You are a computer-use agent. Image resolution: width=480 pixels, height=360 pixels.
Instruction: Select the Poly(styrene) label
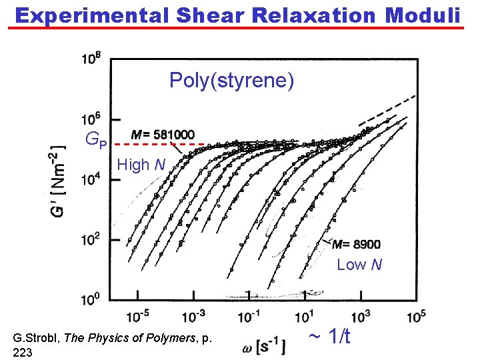coord(231,81)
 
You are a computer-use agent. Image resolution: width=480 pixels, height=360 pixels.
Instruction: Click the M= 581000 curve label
coord(163,134)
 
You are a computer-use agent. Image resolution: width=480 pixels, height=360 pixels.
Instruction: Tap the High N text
coord(141,164)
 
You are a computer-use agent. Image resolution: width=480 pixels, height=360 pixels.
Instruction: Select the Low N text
coord(359,265)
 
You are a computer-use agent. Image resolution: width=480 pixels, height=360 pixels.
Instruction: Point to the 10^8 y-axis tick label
coord(91,59)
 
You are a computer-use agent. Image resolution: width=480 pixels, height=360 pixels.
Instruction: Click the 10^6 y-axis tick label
coord(91,119)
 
